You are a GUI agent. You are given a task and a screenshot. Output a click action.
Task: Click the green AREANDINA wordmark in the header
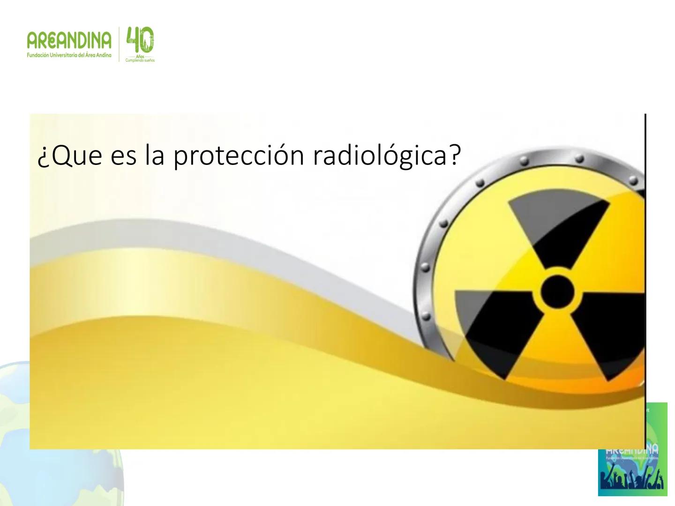click(69, 42)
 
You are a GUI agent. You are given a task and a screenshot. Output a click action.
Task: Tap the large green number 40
click(140, 40)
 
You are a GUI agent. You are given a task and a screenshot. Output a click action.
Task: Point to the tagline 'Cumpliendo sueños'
click(140, 60)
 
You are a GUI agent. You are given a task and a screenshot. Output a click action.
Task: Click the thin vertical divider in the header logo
click(119, 45)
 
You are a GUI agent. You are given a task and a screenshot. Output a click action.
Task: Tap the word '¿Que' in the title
click(69, 157)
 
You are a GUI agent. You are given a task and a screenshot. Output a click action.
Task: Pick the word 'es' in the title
click(124, 157)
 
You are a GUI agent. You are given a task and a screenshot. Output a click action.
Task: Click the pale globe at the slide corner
click(14, 412)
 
